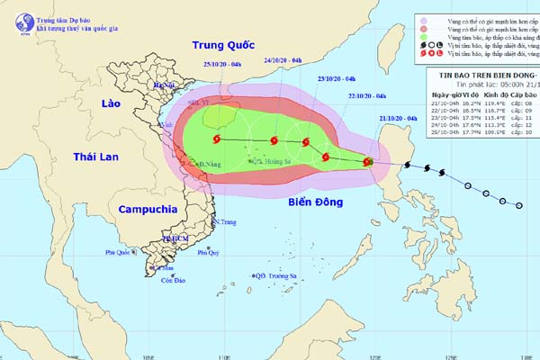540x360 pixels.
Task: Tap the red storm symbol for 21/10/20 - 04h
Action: click(x=367, y=162)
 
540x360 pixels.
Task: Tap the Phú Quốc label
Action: click(x=118, y=253)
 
